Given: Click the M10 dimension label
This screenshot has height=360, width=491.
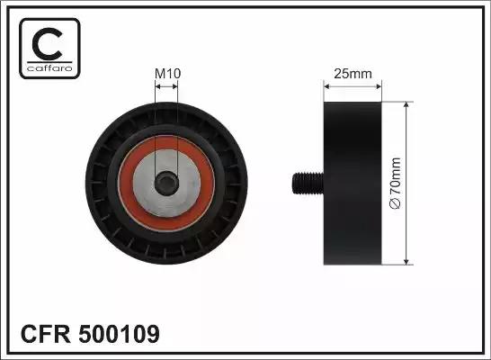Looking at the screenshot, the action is pos(168,74).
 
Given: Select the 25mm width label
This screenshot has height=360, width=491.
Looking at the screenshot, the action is pos(353,74).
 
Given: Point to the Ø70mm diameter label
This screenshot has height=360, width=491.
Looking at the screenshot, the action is pos(395,184).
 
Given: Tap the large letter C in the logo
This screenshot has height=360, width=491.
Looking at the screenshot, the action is pos(48,43).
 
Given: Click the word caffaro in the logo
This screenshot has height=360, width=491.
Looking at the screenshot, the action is pos(49,68).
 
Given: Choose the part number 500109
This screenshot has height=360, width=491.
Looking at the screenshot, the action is pos(120,334).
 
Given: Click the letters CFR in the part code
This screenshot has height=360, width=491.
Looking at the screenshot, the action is pos(45,334).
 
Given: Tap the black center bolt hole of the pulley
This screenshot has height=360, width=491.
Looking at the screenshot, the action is pos(166,183).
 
